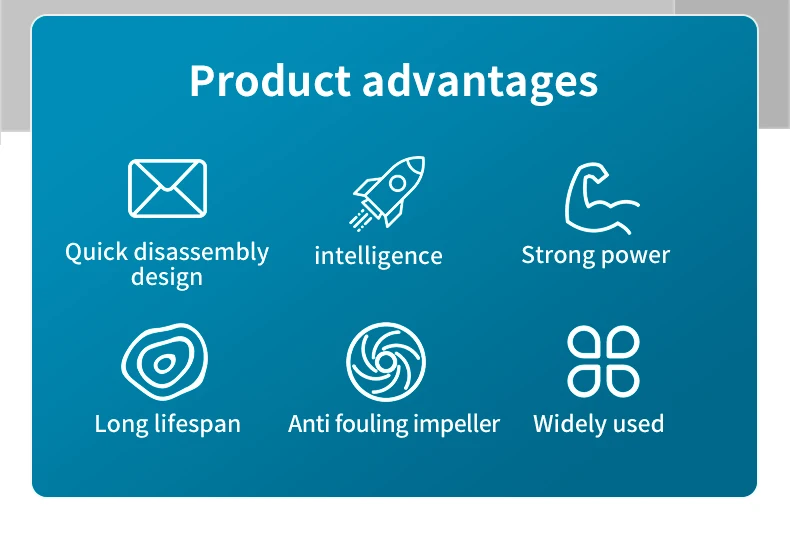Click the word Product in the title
click(x=270, y=81)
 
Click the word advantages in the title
click(x=480, y=83)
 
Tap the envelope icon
click(x=168, y=188)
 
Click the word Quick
click(x=96, y=252)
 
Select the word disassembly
click(x=202, y=252)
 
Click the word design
click(x=167, y=278)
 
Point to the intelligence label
click(x=378, y=256)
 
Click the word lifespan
click(x=198, y=424)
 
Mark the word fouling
click(x=371, y=424)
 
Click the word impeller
click(x=456, y=424)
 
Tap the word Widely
click(x=568, y=424)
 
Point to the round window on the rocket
click(x=398, y=183)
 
